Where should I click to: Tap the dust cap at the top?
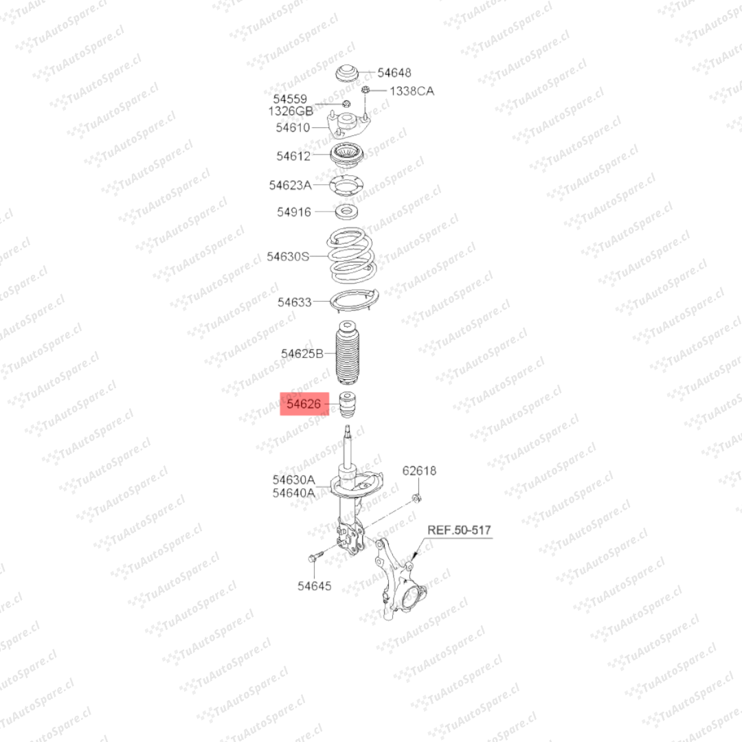348,74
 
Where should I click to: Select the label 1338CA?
412,91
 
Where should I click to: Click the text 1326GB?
291,111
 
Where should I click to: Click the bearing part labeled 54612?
347,155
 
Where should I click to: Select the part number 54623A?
290,185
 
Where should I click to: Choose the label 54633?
295,302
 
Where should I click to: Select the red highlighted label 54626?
304,404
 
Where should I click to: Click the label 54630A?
293,480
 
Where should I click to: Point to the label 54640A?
293,492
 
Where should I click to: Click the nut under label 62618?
417,497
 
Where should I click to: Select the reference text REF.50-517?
459,530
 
